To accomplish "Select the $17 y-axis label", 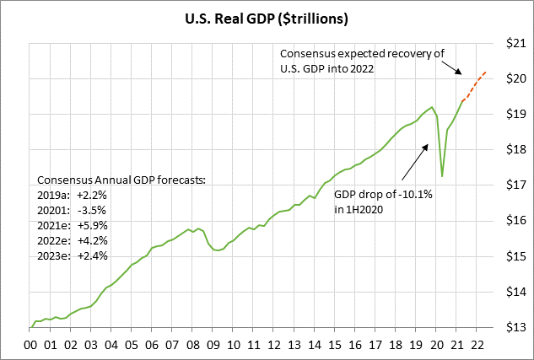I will (515, 185).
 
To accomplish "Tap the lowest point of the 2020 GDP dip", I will (442, 176).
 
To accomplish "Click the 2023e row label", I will (56, 255).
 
